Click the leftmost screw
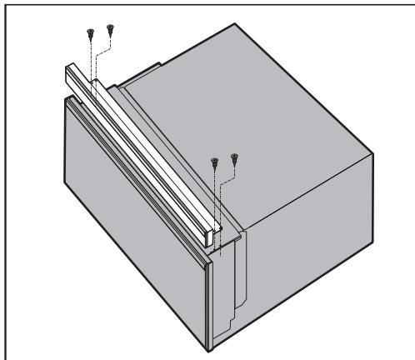[x=87, y=33]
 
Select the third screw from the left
[x=215, y=161]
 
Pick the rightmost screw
[x=235, y=157]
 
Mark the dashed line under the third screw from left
[x=215, y=196]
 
